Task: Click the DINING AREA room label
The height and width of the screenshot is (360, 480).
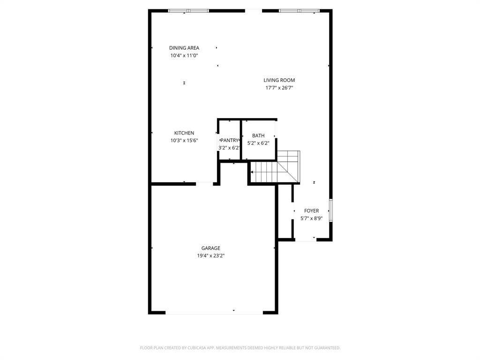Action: [x=184, y=48]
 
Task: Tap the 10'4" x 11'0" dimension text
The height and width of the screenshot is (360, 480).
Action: [x=184, y=55]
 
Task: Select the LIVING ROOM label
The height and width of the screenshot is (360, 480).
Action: [x=279, y=80]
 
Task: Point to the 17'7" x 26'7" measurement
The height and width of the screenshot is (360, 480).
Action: [x=279, y=88]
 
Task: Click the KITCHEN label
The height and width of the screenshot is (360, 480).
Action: [x=184, y=133]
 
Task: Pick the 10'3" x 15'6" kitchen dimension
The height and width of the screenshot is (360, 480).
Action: [x=184, y=141]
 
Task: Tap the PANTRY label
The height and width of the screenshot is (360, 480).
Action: [x=230, y=140]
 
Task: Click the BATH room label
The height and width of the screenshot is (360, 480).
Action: [x=258, y=136]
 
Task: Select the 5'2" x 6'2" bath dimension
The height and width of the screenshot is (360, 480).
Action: [x=258, y=143]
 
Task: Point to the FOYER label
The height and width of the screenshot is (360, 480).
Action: [x=311, y=211]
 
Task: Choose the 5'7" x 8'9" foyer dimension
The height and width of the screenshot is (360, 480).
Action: [x=311, y=218]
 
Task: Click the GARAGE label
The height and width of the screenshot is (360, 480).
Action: [x=211, y=248]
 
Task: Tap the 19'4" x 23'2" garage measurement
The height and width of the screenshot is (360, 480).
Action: [x=211, y=256]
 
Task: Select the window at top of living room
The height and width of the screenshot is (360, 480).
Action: [x=299, y=11]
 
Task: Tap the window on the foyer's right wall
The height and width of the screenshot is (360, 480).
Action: [x=331, y=210]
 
